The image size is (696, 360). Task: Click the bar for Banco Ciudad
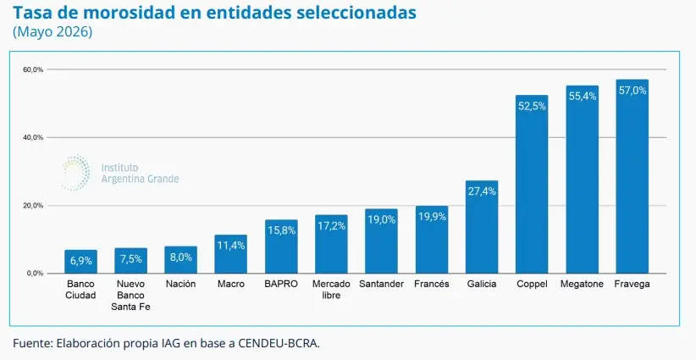(x=80, y=262)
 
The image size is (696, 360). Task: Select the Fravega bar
(x=632, y=177)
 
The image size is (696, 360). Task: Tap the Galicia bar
(x=482, y=227)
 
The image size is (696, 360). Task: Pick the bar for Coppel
(x=532, y=184)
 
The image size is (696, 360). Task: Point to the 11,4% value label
(x=231, y=246)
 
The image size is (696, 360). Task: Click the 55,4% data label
(x=583, y=96)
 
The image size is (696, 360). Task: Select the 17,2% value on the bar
(x=331, y=226)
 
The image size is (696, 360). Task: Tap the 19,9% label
(x=432, y=217)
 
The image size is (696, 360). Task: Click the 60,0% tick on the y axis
(x=34, y=69)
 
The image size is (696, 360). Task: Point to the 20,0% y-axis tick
(x=34, y=206)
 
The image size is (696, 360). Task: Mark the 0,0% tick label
(x=36, y=274)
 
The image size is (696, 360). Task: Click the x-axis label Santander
(x=381, y=284)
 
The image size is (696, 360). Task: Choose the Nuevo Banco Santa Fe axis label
(x=131, y=295)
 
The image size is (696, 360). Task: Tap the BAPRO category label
(x=281, y=284)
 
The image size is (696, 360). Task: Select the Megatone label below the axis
(x=582, y=284)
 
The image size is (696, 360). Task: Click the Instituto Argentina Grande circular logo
(x=76, y=173)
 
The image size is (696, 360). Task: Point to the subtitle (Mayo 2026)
(x=52, y=33)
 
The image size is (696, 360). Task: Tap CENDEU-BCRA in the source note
(x=279, y=344)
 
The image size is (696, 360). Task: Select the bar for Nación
(x=180, y=260)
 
